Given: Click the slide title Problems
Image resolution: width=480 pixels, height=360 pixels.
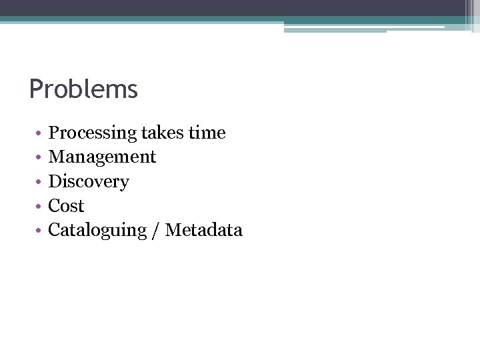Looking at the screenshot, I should point(83,89).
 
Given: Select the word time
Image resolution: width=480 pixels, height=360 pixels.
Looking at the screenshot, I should point(207,133).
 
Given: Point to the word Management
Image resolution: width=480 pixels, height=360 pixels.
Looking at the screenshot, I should point(102,157).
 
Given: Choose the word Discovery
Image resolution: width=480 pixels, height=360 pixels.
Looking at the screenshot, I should point(89,182).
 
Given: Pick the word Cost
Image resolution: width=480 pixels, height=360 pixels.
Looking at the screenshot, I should point(67,206).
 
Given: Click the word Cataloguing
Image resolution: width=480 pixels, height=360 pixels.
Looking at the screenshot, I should point(97,231).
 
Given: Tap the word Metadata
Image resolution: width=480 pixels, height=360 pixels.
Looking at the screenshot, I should point(204,230).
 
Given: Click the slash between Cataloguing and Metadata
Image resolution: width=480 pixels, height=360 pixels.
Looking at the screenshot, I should point(155,231).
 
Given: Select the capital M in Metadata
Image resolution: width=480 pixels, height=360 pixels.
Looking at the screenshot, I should point(173,230).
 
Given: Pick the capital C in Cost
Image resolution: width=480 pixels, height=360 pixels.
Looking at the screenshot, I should point(55,206).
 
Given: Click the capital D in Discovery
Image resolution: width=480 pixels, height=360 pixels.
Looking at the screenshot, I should point(55,181).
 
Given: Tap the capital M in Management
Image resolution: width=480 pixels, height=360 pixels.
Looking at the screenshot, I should point(57,157).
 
